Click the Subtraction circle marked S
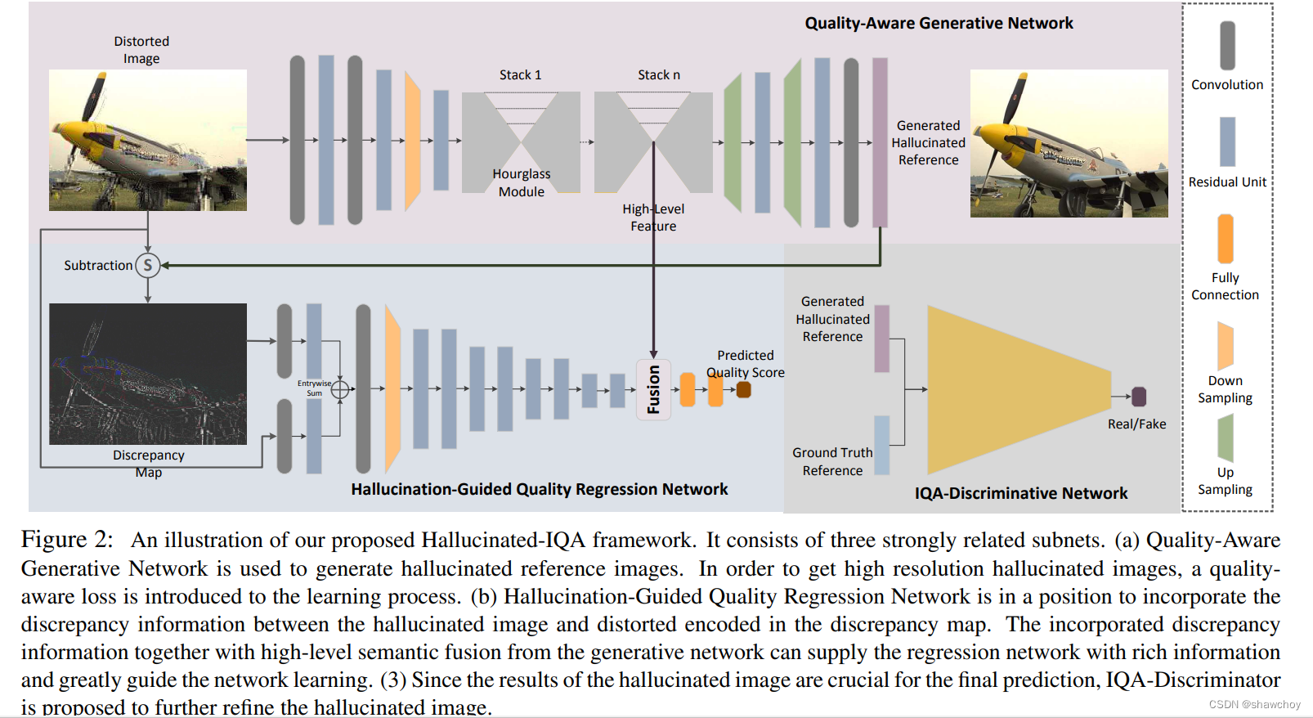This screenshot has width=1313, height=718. click(x=148, y=265)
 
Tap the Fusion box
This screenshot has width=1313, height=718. click(x=653, y=389)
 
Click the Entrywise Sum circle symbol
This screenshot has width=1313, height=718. click(x=340, y=389)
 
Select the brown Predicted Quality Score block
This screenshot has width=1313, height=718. click(x=743, y=389)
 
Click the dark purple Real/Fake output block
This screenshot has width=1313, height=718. click(x=1138, y=397)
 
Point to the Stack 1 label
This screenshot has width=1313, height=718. click(x=520, y=75)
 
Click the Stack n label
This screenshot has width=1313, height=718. click(x=658, y=75)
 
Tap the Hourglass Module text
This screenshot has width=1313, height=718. click(x=522, y=182)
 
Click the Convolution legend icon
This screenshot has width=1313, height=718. click(x=1227, y=45)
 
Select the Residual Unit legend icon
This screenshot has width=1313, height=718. click(x=1227, y=141)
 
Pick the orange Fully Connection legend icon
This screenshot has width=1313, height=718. click(x=1225, y=238)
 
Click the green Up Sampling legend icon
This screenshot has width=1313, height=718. click(x=1225, y=438)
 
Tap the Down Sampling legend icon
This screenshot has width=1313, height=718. click(x=1225, y=345)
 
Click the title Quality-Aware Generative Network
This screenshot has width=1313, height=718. click(x=939, y=23)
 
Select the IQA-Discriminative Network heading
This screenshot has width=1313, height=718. click(x=1020, y=493)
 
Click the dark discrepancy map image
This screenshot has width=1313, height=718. click(x=148, y=374)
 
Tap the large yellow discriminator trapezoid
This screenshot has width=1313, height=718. click(x=1014, y=390)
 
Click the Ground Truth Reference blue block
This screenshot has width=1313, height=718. click(x=881, y=445)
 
